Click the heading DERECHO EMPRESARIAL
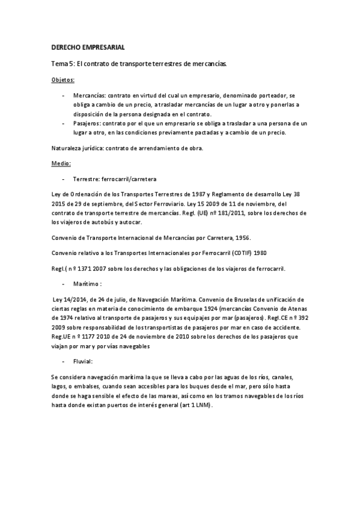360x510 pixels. (88, 47)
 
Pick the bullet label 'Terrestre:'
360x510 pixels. (87, 179)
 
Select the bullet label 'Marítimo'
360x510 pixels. (85, 283)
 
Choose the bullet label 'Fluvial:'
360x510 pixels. (83, 361)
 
